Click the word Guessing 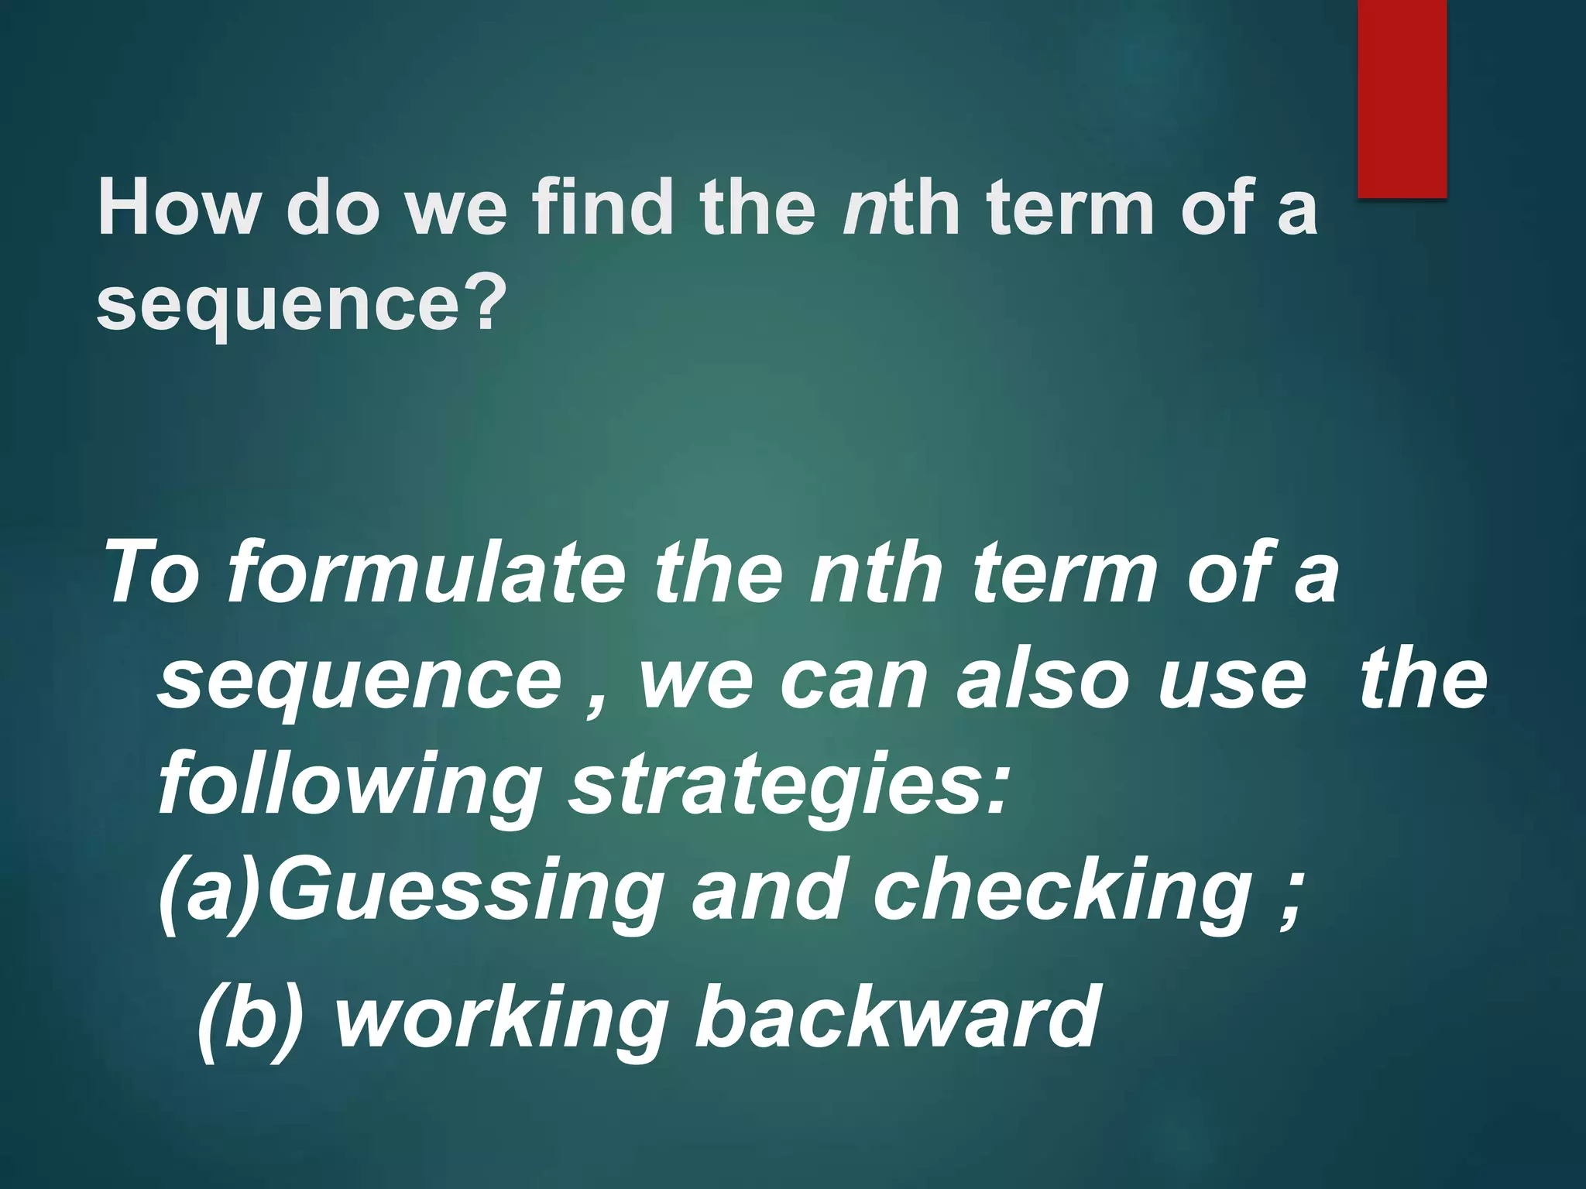(x=465, y=892)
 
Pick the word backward (x=897, y=1014)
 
